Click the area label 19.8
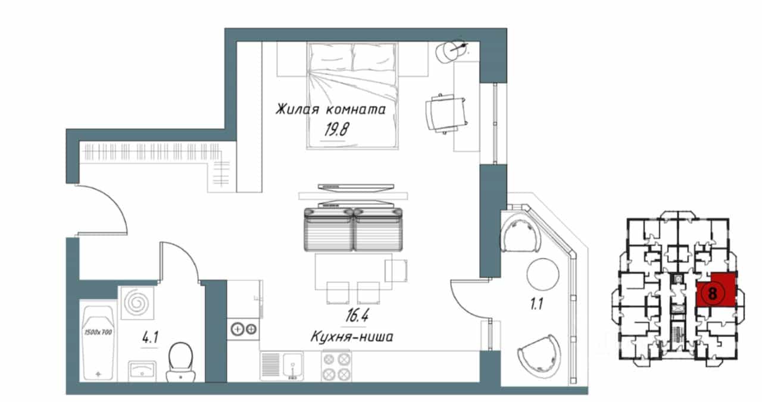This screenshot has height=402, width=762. pyautogui.click(x=336, y=129)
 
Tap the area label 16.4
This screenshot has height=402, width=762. pyautogui.click(x=357, y=316)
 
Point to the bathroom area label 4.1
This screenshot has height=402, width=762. pyautogui.click(x=150, y=338)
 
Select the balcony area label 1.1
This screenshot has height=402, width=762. pyautogui.click(x=536, y=304)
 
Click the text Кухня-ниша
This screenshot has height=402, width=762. pyautogui.click(x=352, y=337)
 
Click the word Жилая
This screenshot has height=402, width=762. pyautogui.click(x=297, y=109)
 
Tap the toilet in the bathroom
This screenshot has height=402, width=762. pyautogui.click(x=180, y=362)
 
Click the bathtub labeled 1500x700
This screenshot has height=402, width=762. pyautogui.click(x=98, y=342)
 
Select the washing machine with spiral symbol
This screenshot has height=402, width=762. pyautogui.click(x=136, y=303)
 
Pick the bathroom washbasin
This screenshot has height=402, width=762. pyautogui.click(x=142, y=371)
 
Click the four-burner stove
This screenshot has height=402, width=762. pyautogui.click(x=336, y=366)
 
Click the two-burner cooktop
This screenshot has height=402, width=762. pyautogui.click(x=243, y=329)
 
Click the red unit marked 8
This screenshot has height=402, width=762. pyautogui.click(x=716, y=289)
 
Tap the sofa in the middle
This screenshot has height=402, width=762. pyautogui.click(x=353, y=229)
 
